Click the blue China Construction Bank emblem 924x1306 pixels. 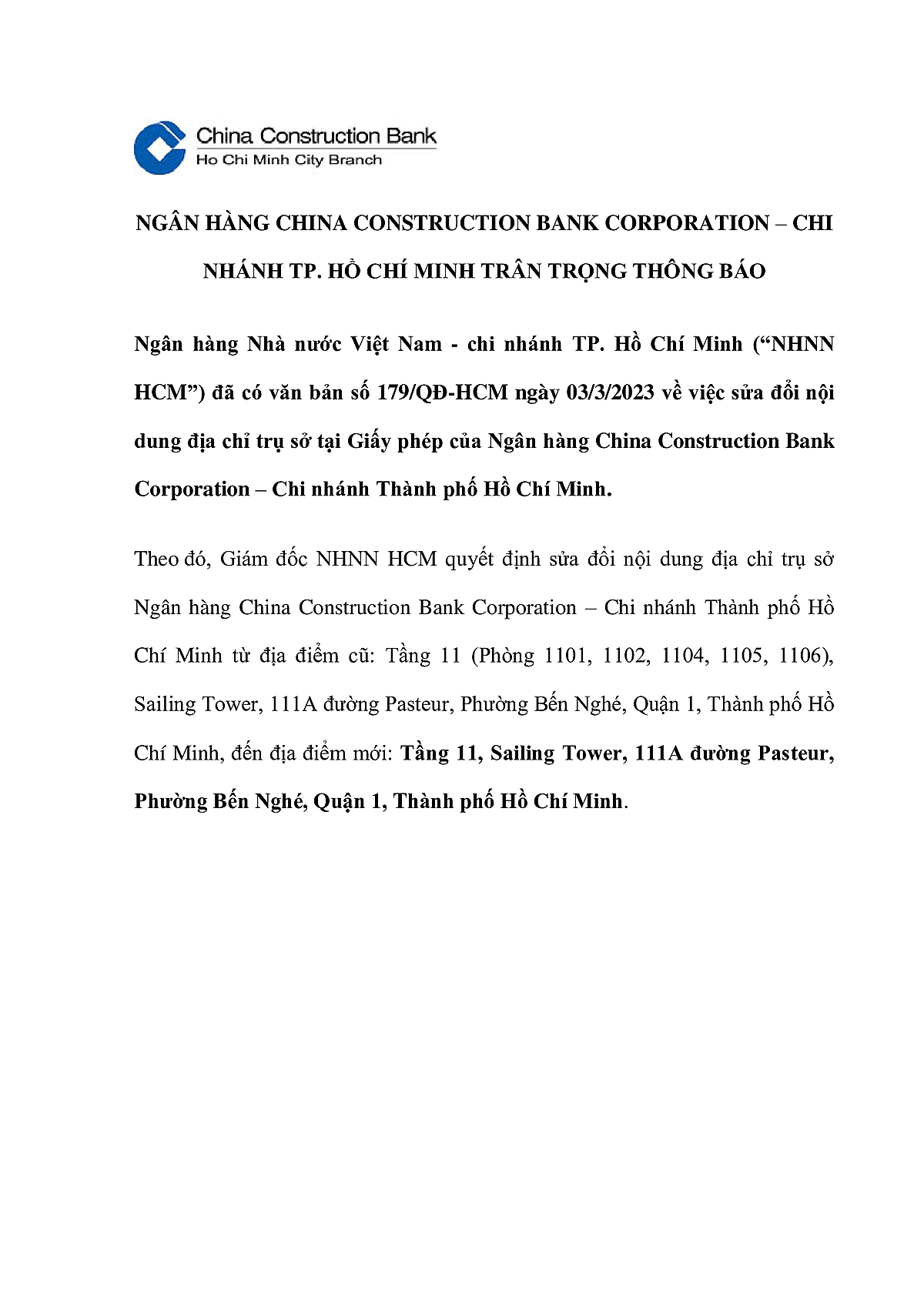coord(159,147)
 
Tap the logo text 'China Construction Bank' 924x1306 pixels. coord(316,136)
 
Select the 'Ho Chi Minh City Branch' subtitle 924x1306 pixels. coord(289,160)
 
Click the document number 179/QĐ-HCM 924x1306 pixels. coord(442,392)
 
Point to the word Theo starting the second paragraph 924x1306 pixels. coord(156,559)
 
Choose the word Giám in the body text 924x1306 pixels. coord(246,559)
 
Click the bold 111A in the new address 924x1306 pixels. coord(658,753)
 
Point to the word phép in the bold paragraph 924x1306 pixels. coord(440,442)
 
